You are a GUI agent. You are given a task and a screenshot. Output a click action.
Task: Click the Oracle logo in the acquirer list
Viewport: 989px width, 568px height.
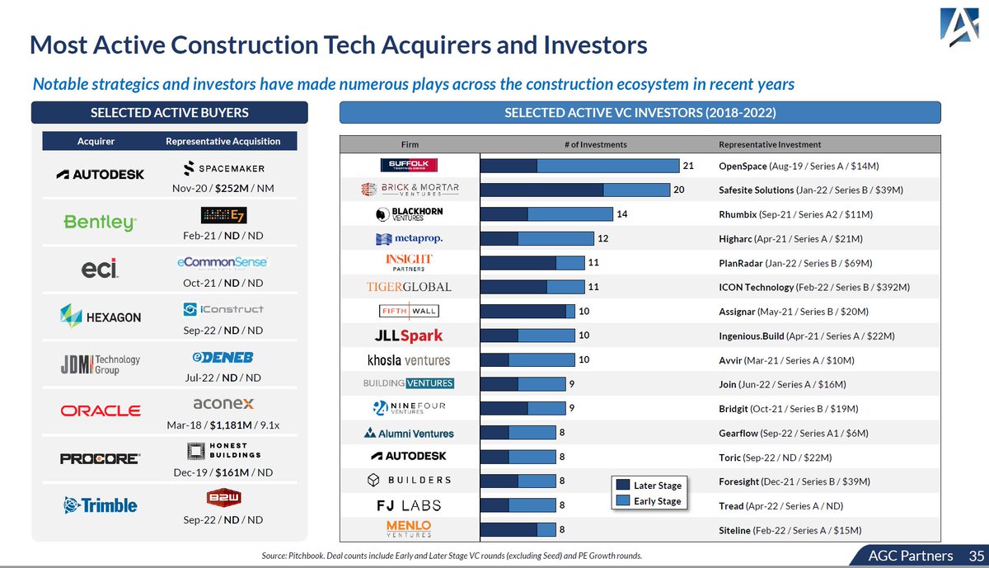click(100, 410)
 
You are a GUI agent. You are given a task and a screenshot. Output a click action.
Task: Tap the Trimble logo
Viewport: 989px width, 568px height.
click(100, 505)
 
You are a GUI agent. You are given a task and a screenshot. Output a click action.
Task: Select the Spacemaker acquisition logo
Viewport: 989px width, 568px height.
click(223, 168)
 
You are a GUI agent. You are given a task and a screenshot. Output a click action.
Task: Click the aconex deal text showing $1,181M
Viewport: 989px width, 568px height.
click(223, 425)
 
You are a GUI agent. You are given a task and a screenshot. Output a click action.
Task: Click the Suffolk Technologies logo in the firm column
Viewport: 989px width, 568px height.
click(409, 166)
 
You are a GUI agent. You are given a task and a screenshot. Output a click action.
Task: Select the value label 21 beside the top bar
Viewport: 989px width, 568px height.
click(687, 166)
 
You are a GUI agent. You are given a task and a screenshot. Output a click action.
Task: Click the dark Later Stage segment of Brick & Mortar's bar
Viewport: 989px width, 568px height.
click(541, 190)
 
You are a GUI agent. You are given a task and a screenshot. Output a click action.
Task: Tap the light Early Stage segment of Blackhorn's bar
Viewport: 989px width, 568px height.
click(569, 214)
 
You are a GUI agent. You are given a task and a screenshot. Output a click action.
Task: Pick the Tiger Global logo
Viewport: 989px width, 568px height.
click(409, 287)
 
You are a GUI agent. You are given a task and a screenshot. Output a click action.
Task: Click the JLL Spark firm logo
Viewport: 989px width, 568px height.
click(409, 336)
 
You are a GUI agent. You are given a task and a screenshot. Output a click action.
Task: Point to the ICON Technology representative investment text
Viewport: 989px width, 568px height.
click(813, 287)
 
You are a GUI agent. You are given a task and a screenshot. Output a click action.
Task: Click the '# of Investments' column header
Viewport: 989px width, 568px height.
click(595, 144)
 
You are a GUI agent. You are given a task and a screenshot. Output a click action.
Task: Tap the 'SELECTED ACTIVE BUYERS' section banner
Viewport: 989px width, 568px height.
click(169, 112)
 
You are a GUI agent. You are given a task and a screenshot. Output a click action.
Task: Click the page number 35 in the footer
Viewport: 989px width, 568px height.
click(976, 556)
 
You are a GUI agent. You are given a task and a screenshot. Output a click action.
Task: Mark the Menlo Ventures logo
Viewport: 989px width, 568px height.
click(409, 529)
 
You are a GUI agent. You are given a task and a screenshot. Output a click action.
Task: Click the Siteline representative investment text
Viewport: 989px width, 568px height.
click(790, 530)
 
